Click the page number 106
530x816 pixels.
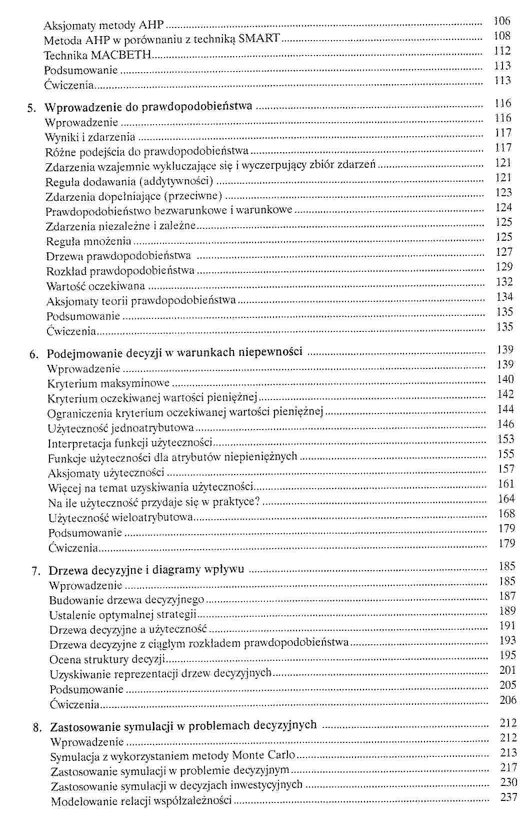tap(501, 21)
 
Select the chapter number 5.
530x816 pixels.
tap(29, 108)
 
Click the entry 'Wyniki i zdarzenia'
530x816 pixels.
tap(90, 137)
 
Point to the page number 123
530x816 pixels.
tap(504, 192)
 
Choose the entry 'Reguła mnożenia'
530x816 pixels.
tap(88, 241)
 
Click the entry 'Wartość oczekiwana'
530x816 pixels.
tap(95, 286)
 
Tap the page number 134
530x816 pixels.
tap(504, 297)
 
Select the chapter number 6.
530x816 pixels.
tap(32, 355)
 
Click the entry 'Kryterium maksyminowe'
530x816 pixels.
tap(108, 384)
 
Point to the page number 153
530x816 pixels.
tap(506, 439)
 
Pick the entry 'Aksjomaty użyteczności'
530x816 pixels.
tap(106, 473)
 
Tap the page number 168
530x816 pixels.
tap(506, 514)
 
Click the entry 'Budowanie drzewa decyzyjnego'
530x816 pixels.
tap(126, 600)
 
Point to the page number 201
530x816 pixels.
tap(507, 670)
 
